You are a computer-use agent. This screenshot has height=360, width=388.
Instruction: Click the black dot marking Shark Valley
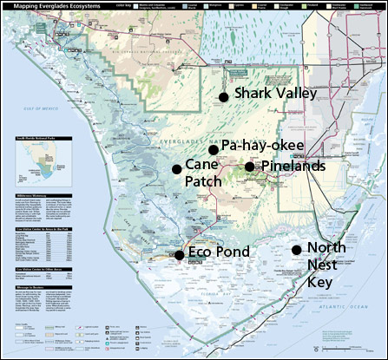[x=224, y=97]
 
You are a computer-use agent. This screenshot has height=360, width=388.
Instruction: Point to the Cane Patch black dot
[x=176, y=168]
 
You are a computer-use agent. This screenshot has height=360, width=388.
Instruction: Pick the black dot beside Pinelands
[x=249, y=167]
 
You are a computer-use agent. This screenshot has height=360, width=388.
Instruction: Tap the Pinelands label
[x=293, y=166]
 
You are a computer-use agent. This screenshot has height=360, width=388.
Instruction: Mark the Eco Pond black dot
[x=179, y=255]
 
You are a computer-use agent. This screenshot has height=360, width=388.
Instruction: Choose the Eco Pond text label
[x=220, y=252]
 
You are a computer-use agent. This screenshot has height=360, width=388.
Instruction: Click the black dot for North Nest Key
[x=296, y=250]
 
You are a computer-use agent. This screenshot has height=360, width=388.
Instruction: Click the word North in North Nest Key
[x=326, y=248]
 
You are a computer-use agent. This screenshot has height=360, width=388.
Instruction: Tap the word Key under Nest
[x=323, y=282]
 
